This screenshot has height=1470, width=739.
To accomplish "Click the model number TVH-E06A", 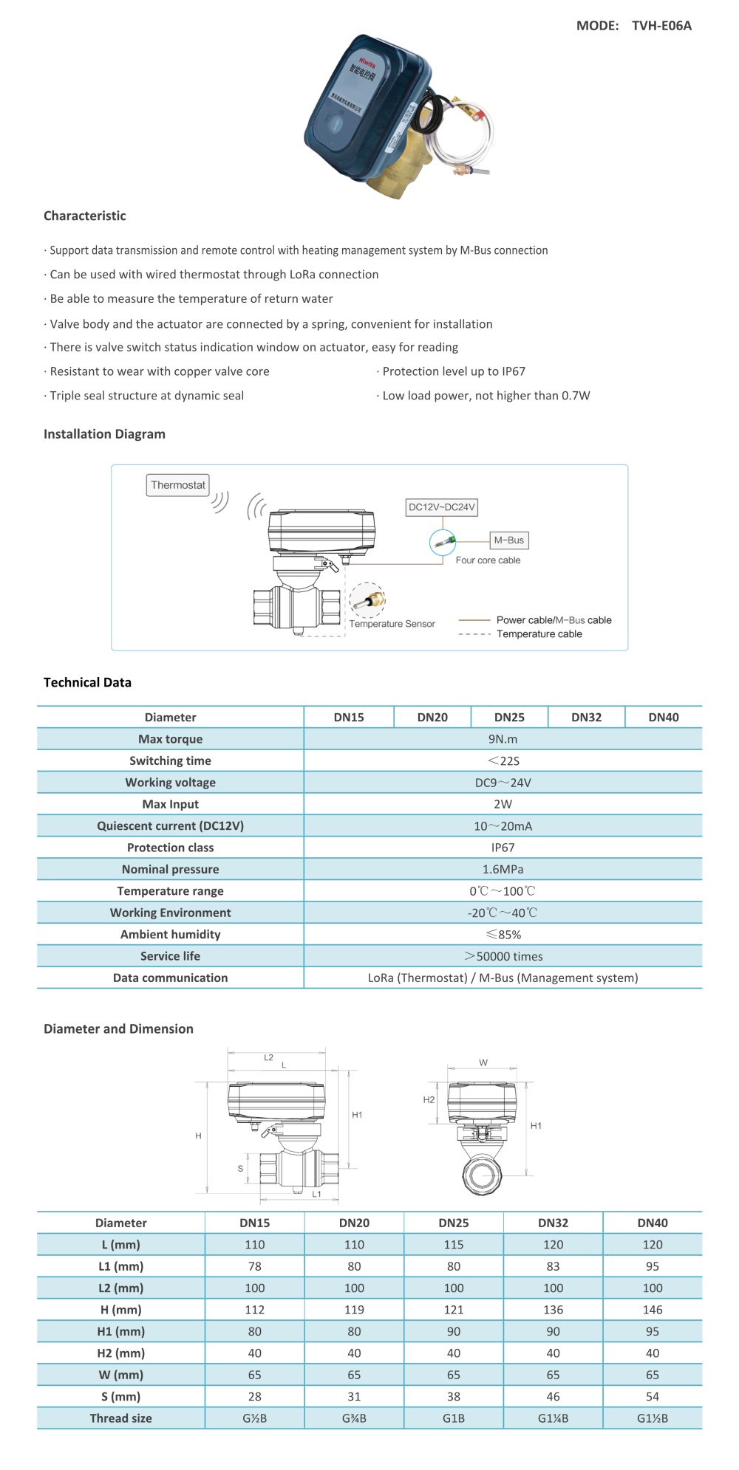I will click(661, 26).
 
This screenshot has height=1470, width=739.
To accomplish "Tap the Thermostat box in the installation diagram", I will click(178, 485).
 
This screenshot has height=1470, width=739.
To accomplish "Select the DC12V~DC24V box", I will click(442, 507).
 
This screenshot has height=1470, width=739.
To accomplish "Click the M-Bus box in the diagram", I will click(508, 540).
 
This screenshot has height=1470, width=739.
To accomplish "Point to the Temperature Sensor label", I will click(392, 624).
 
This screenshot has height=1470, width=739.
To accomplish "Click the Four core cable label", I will click(488, 560).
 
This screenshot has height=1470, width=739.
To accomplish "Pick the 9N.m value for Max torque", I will click(503, 739).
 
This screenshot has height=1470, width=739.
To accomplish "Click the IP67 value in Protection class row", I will click(503, 848).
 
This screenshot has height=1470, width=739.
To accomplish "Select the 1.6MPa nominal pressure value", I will click(503, 869).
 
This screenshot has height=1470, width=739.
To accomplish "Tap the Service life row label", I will click(170, 956).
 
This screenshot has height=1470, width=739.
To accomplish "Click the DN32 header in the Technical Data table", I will click(586, 717).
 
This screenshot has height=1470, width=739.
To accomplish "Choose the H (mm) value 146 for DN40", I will click(653, 1310).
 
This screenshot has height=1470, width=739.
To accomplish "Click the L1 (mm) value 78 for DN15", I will click(255, 1266).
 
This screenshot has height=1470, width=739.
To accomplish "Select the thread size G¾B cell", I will click(354, 1418).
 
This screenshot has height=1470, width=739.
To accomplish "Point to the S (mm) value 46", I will click(553, 1396).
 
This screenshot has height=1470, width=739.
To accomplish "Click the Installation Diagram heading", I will click(104, 434).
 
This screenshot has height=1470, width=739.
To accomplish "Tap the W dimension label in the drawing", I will click(483, 1063).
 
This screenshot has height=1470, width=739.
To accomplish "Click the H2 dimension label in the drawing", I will click(429, 1100).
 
